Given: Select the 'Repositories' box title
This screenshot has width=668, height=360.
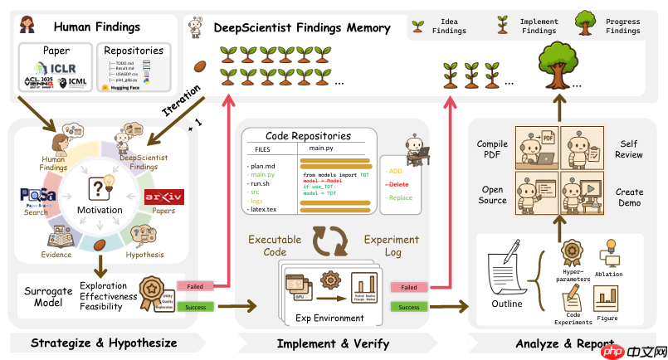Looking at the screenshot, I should click(133, 51).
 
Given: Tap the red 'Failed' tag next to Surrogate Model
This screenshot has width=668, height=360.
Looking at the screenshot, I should click(196, 285).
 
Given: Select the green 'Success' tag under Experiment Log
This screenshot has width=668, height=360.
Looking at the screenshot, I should click(409, 306).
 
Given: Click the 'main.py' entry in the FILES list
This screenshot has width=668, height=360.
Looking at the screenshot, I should click(263, 174).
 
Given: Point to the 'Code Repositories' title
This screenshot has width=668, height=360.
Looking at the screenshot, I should click(308, 135).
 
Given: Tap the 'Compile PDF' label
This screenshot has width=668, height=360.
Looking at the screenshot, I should click(492, 149).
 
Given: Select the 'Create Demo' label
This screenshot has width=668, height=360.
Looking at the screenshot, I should click(629, 197).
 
